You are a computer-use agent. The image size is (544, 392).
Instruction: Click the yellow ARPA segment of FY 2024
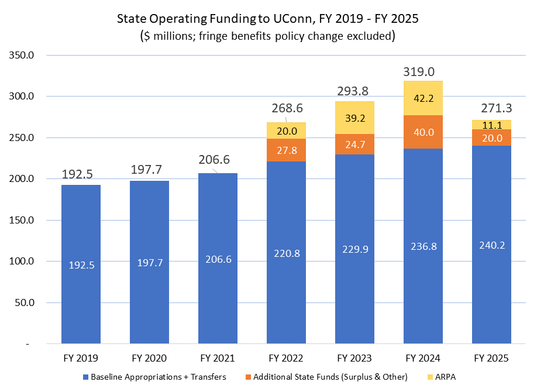[x=424, y=98]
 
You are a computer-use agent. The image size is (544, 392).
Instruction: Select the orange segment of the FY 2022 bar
[x=286, y=150]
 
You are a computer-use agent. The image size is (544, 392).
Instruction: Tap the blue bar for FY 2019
[x=81, y=264]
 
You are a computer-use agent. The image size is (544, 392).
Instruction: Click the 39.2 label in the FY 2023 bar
[x=354, y=118]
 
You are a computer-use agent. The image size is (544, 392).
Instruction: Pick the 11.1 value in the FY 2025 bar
[x=491, y=124]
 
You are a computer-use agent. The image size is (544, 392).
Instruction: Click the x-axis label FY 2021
[x=218, y=358]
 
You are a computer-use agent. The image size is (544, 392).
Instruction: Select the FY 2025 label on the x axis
[x=491, y=358]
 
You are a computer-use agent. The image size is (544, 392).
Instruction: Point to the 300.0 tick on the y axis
[x=23, y=97]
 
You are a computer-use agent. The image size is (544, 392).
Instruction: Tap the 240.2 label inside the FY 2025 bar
[x=491, y=246]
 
